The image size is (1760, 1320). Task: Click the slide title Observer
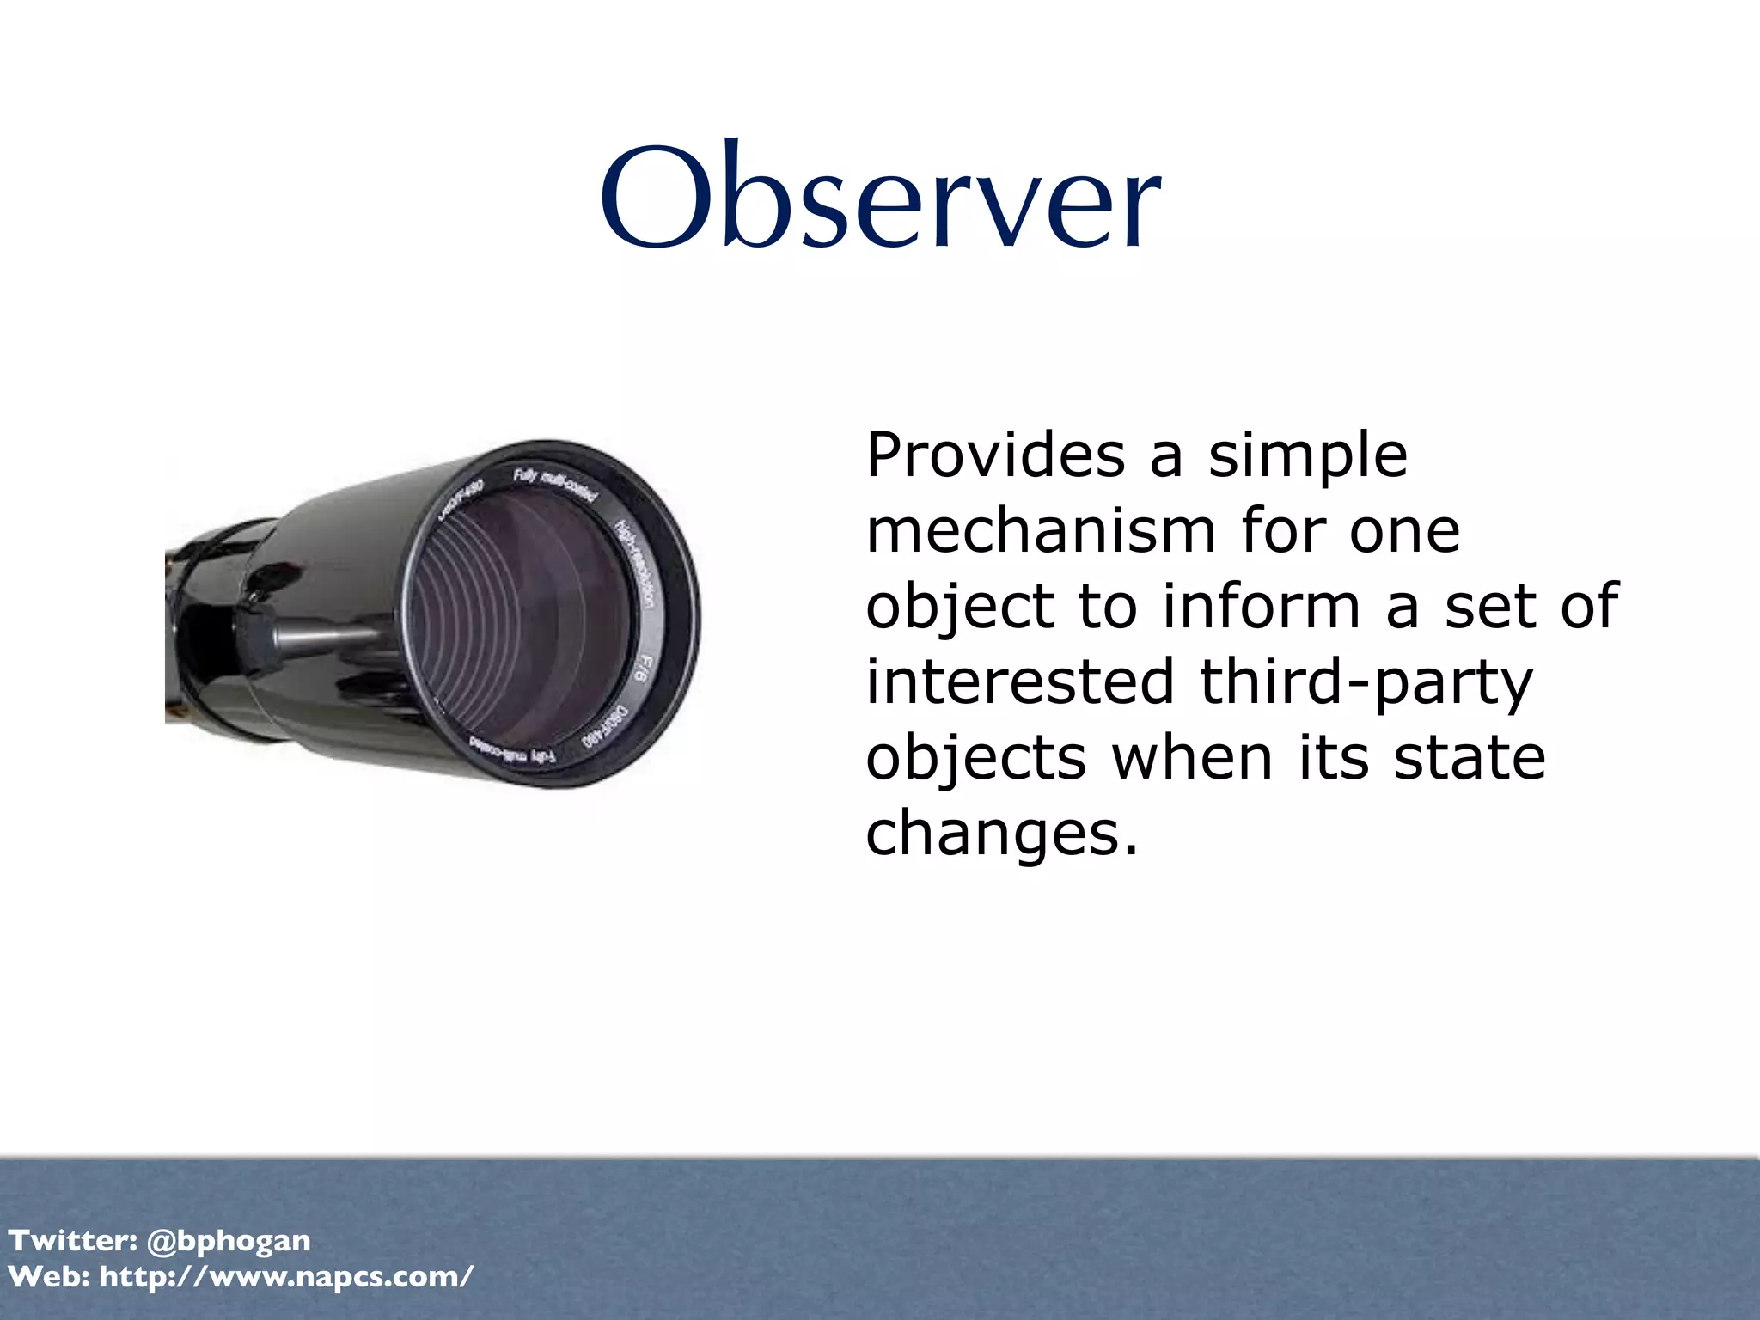click(881, 196)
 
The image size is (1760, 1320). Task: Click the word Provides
click(995, 455)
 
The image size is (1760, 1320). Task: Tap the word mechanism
click(1041, 531)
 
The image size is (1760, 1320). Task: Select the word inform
click(1262, 606)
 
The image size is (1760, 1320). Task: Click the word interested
click(1019, 681)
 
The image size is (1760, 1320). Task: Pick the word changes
click(1001, 834)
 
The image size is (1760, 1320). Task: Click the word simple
click(1308, 455)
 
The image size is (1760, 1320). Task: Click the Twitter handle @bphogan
click(229, 1241)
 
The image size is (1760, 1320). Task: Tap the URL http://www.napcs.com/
click(286, 1277)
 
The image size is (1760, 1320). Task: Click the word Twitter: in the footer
click(73, 1241)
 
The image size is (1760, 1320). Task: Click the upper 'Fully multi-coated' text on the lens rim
click(555, 485)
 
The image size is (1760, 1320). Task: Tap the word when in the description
click(1193, 758)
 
